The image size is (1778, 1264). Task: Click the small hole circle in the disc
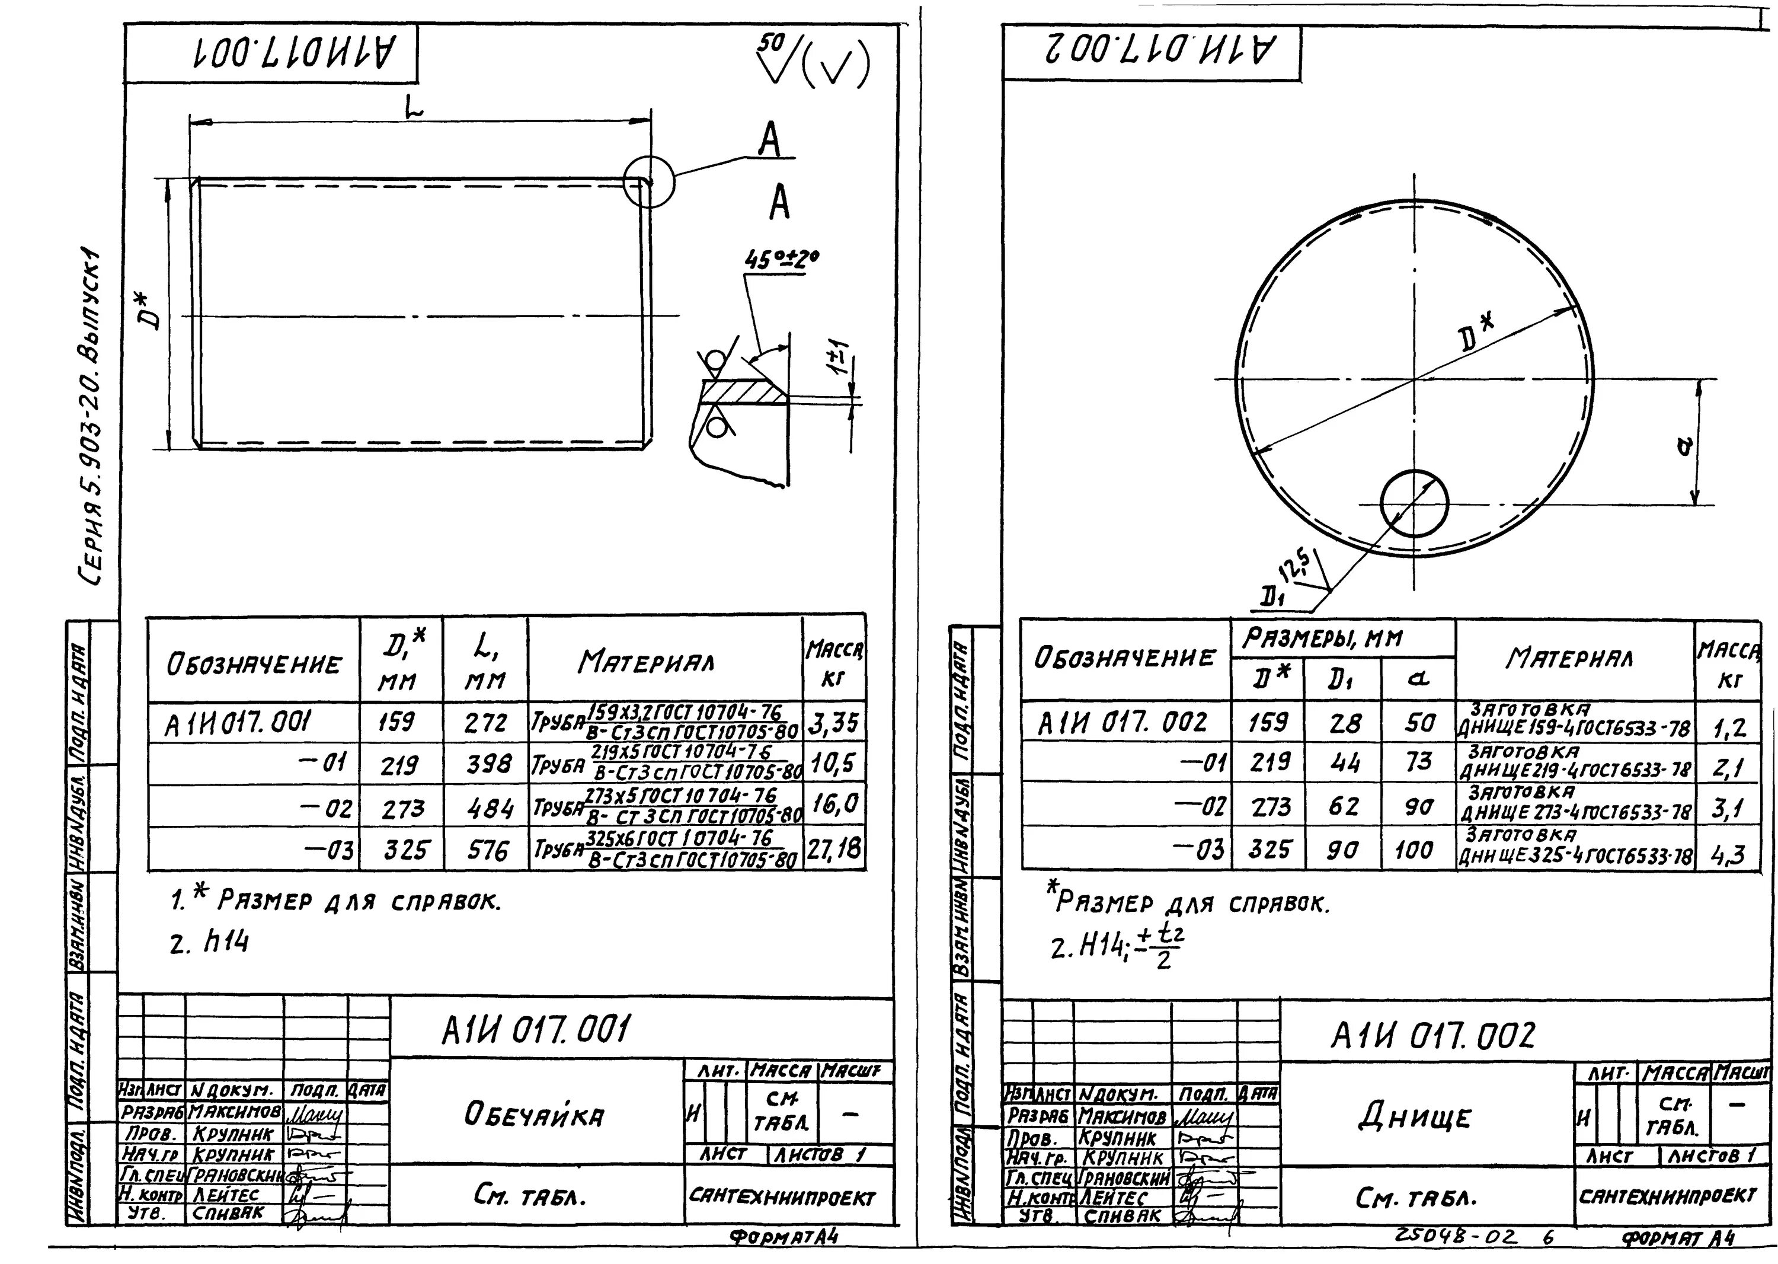pyautogui.click(x=1414, y=503)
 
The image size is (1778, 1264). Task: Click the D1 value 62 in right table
pyautogui.click(x=1344, y=806)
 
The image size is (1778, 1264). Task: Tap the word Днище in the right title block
pyautogui.click(x=1415, y=1118)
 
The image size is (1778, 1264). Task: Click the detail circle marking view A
pyautogui.click(x=648, y=181)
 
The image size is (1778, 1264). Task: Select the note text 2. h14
pyautogui.click(x=209, y=943)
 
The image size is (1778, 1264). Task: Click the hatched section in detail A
pyautogui.click(x=743, y=391)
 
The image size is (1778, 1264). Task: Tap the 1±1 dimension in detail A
pyautogui.click(x=843, y=360)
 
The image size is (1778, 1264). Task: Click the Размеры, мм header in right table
pyautogui.click(x=1322, y=640)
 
